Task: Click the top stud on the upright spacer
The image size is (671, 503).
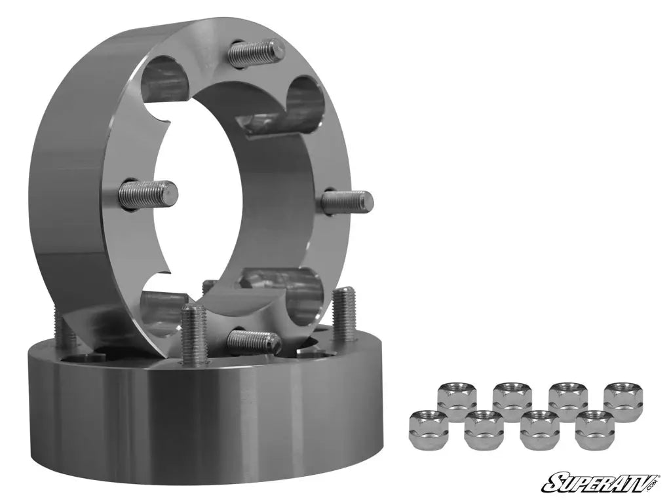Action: point(256,52)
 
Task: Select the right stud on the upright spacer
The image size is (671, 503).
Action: point(347,200)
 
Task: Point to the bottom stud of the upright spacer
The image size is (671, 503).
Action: point(253,341)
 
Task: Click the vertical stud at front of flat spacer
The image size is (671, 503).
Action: point(193,334)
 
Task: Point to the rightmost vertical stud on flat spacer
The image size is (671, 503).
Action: point(344,314)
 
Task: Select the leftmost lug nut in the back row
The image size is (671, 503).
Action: point(457,400)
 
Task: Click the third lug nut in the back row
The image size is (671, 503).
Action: point(567,400)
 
